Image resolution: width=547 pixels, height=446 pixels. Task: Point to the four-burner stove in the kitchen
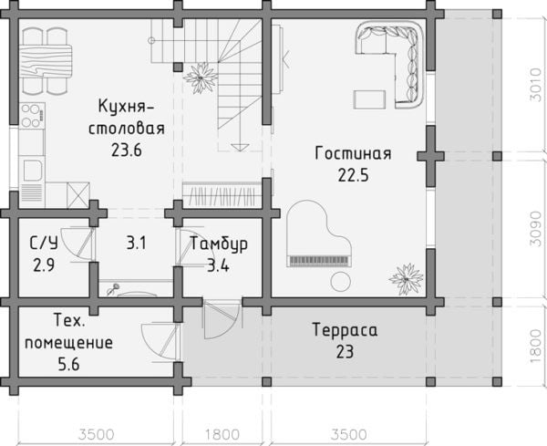[x=31, y=116]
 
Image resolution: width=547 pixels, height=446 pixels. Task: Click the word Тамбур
[x=218, y=245]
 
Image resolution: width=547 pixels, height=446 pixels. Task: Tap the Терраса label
[x=344, y=329]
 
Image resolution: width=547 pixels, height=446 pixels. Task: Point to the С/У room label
[x=44, y=244]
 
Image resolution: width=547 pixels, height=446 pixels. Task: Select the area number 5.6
[x=69, y=366]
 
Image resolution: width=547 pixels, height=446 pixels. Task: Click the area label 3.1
[x=137, y=244]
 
